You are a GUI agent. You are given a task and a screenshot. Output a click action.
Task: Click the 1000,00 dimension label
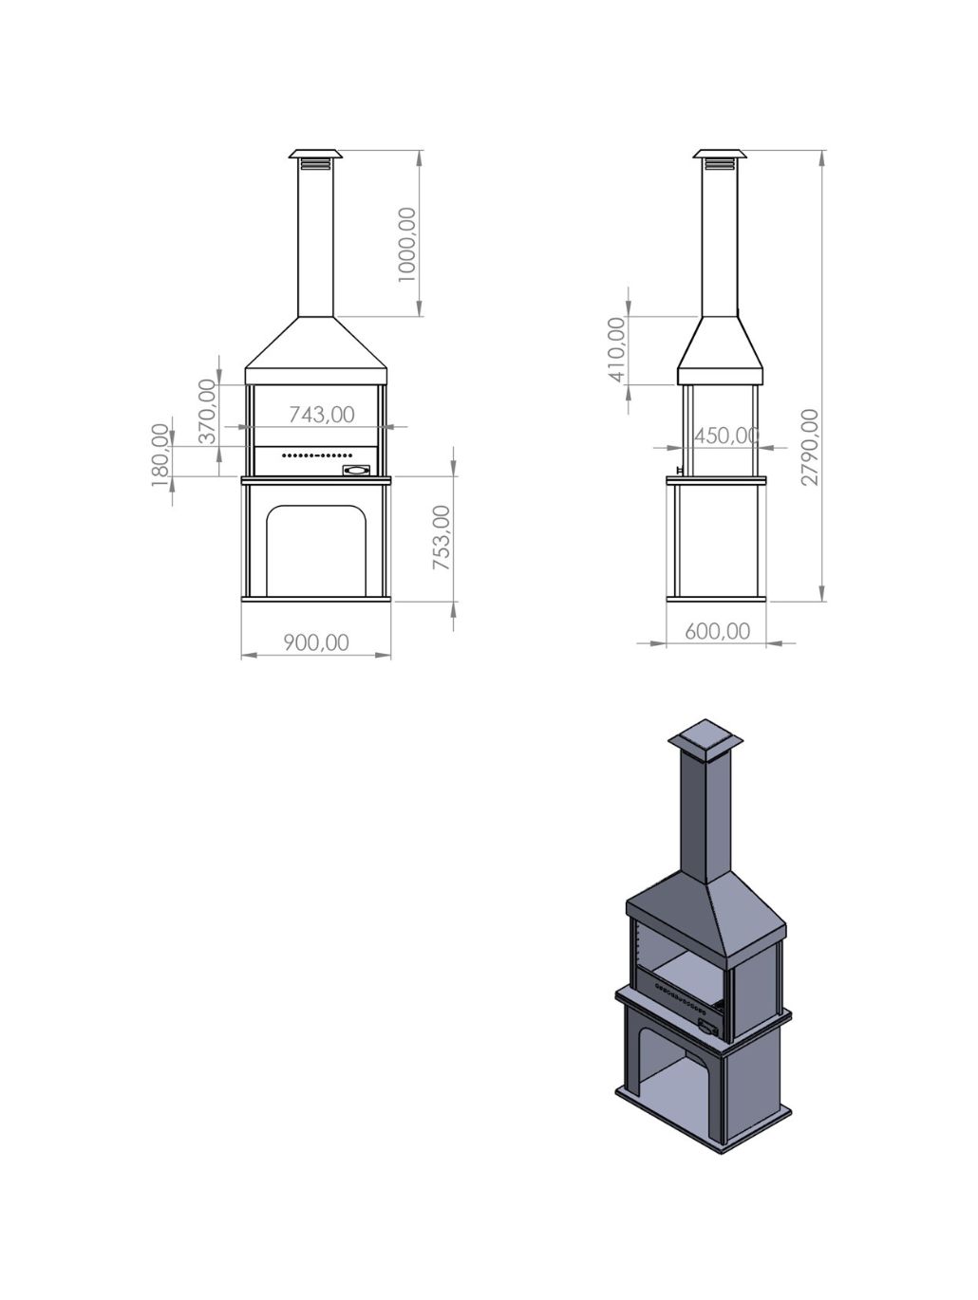click(x=407, y=245)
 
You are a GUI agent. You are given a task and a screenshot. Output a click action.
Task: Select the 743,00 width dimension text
click(x=322, y=415)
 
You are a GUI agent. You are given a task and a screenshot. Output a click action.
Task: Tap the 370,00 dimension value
click(x=207, y=412)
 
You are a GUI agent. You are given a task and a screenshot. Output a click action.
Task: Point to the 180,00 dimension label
click(x=160, y=455)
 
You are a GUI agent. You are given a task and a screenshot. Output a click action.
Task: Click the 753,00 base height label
click(x=442, y=538)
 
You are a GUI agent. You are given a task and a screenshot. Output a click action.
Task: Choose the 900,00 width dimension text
click(x=316, y=642)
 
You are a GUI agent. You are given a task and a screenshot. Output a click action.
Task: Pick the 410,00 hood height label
click(x=616, y=349)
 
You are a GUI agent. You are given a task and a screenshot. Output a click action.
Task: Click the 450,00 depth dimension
click(x=726, y=436)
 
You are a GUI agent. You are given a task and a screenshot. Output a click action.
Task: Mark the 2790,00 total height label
click(x=810, y=447)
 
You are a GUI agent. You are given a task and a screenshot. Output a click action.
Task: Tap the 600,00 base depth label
click(x=717, y=631)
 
